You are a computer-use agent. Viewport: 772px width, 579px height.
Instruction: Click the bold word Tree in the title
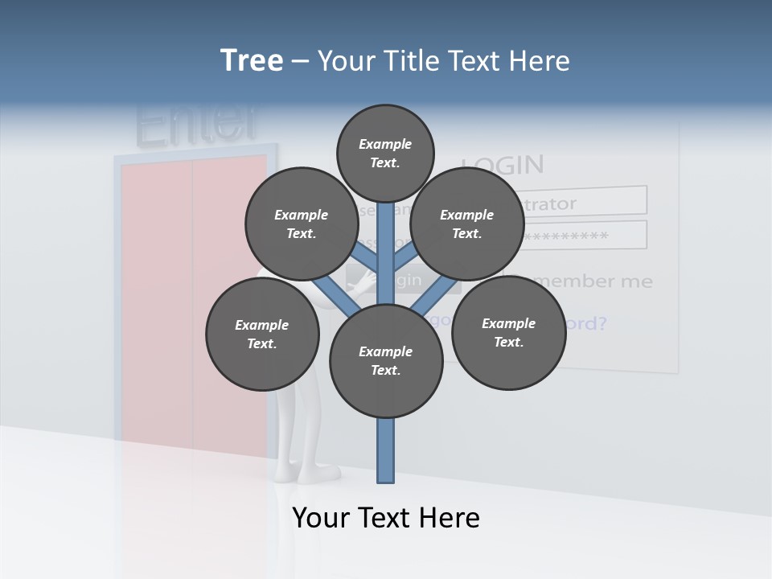pos(252,61)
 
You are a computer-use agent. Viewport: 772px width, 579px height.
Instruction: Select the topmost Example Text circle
pos(385,153)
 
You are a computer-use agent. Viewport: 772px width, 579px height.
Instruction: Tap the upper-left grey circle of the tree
pos(302,224)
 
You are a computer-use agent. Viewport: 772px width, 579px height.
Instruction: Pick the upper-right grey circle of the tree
pos(467,224)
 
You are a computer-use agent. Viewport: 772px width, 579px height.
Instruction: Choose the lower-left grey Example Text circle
pos(262,334)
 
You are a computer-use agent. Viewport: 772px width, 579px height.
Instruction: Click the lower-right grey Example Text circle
pos(508,332)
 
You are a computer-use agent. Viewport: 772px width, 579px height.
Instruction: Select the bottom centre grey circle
pos(386,361)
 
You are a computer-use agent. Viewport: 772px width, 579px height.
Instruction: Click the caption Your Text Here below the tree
pos(386,518)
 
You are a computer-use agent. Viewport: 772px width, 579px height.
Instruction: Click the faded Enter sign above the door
pos(197,123)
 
